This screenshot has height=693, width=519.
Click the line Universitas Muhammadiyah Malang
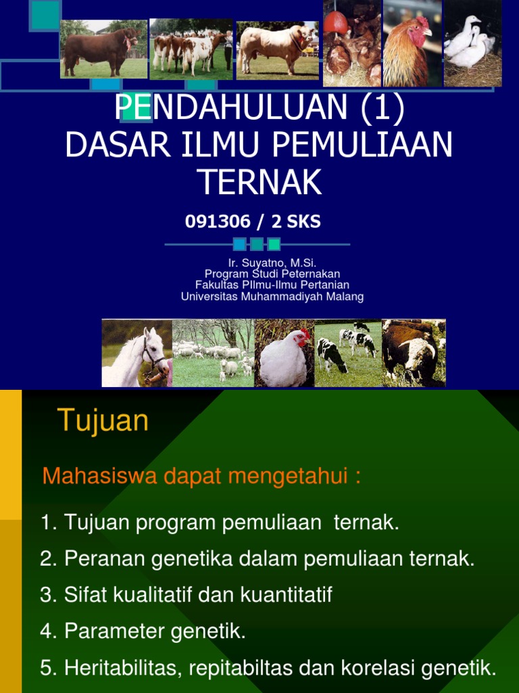pos(272,296)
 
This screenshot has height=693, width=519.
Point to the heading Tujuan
pos(103,421)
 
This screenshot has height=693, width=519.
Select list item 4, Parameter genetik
pos(143,631)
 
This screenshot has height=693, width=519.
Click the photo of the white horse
pos(137,353)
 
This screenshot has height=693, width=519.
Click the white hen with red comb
pos(284,354)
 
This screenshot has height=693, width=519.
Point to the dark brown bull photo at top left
pos(103,49)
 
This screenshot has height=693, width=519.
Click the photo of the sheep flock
pos(213,353)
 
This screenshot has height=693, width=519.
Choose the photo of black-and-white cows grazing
pos(347,353)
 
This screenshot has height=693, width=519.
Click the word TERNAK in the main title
pos(259,181)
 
